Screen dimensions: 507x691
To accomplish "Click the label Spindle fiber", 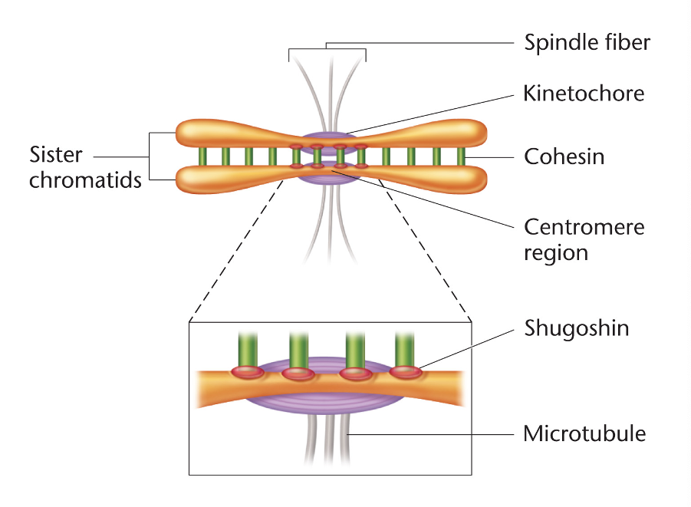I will tap(587, 41).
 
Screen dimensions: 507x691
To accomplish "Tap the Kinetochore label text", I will tap(584, 94).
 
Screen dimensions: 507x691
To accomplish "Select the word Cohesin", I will tap(564, 157).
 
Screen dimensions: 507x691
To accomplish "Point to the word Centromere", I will tap(584, 227).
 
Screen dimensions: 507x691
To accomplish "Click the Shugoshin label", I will tap(576, 328).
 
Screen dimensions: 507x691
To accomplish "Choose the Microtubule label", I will tap(584, 434).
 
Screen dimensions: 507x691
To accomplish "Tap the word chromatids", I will tap(86, 181).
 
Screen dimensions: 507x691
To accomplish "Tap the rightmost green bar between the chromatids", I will tap(461, 156).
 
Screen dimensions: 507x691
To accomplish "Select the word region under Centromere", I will tap(556, 252).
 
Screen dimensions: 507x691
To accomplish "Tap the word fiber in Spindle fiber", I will tap(624, 41).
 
